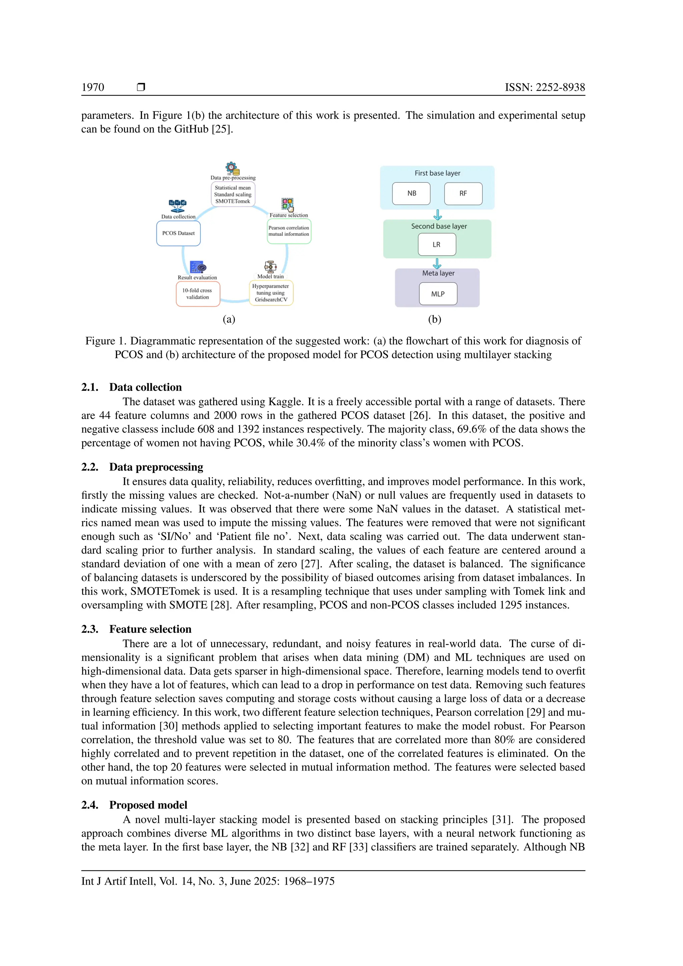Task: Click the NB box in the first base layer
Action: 411,193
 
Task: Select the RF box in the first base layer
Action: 463,193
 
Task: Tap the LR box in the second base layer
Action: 437,245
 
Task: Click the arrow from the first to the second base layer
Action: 438,215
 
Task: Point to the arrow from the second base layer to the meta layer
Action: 437,264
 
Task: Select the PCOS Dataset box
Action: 178,233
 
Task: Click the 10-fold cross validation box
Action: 198,294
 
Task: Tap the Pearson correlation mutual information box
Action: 289,231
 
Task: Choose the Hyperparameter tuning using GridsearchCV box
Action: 271,293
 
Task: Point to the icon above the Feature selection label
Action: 288,205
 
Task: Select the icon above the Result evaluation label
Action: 198,267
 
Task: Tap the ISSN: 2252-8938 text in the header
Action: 545,87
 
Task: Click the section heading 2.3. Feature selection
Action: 136,629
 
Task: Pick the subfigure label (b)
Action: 435,319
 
